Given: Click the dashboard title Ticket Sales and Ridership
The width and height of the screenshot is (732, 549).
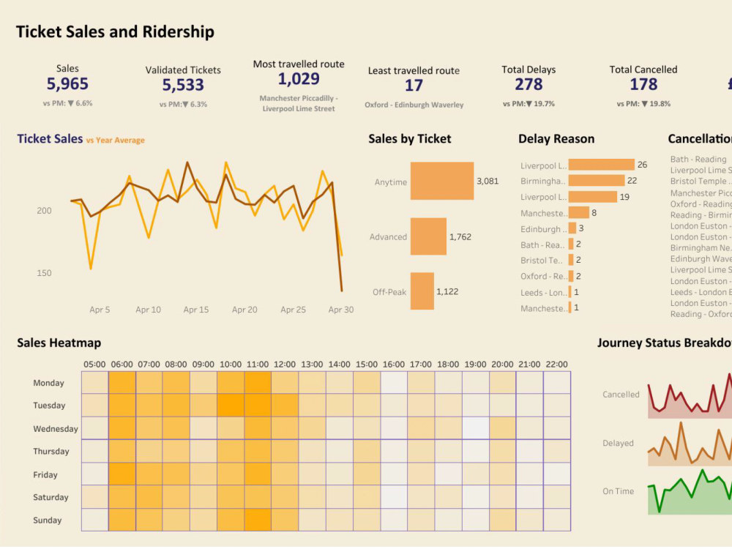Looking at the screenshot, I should tap(115, 32).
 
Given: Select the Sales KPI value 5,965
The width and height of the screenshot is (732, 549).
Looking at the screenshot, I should tap(67, 85).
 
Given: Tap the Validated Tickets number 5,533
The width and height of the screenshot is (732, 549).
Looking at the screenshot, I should tap(183, 86).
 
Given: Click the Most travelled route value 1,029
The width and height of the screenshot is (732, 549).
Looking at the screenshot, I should tap(299, 79).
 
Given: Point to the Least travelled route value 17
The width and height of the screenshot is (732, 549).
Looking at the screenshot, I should tap(414, 86).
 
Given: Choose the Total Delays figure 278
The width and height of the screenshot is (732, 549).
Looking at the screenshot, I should tap(529, 85).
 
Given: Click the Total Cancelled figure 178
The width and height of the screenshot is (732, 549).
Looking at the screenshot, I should tap(643, 85).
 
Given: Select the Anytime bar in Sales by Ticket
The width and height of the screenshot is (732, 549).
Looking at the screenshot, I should tap(441, 181).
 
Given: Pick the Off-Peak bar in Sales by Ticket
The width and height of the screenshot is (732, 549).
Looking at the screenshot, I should tap(422, 291).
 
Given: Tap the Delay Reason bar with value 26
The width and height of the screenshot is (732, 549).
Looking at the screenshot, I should tap(601, 165).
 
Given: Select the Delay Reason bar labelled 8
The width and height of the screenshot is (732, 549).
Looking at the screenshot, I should tap(578, 212).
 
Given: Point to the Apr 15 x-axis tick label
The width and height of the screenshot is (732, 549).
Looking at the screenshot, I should tap(196, 310).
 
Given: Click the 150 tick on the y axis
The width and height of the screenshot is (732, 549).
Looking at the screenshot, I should tap(44, 273).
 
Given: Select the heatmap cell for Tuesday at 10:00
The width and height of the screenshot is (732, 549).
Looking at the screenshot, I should tap(231, 405).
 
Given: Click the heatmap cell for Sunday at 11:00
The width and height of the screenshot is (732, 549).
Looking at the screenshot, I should tap(258, 520).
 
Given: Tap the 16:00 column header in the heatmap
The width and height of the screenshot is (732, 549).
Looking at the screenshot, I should tap(393, 364).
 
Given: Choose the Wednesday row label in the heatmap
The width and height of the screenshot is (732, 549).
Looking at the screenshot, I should tap(55, 429).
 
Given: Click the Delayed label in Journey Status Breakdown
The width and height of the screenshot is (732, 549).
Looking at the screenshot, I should tap(618, 443).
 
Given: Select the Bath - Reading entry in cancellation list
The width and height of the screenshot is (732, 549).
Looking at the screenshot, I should tap(698, 159).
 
